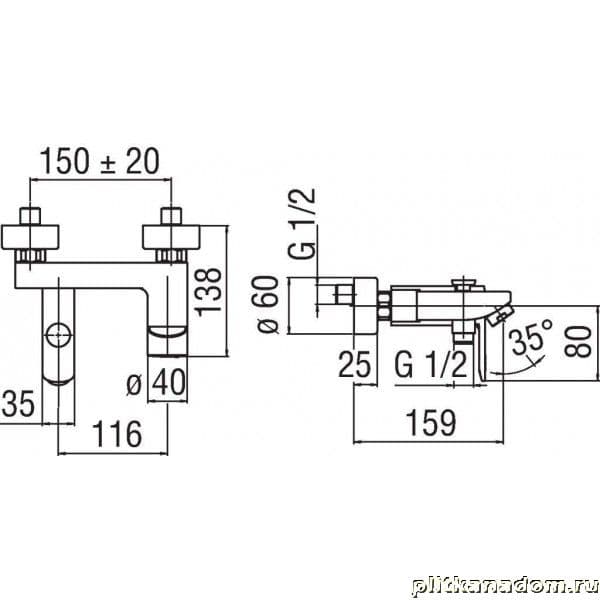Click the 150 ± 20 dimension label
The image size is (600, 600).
click(x=99, y=161)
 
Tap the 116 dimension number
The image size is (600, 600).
click(x=117, y=434)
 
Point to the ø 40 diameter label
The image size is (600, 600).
click(x=156, y=383)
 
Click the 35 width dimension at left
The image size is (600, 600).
click(x=18, y=403)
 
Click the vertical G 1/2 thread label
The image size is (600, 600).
click(x=302, y=223)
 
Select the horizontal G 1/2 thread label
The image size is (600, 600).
click(x=431, y=365)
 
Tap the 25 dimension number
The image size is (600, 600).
click(x=355, y=364)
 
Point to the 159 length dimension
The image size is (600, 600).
click(x=431, y=423)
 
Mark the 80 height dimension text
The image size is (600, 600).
click(x=578, y=342)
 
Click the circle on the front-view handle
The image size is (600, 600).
click(x=58, y=335)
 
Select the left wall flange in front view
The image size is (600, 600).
click(x=30, y=237)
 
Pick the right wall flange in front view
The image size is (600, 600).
click(x=171, y=237)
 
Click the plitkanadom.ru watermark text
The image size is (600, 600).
click(x=505, y=586)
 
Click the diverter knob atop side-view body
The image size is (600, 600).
click(x=463, y=283)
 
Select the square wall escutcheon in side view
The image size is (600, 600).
click(x=366, y=305)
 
